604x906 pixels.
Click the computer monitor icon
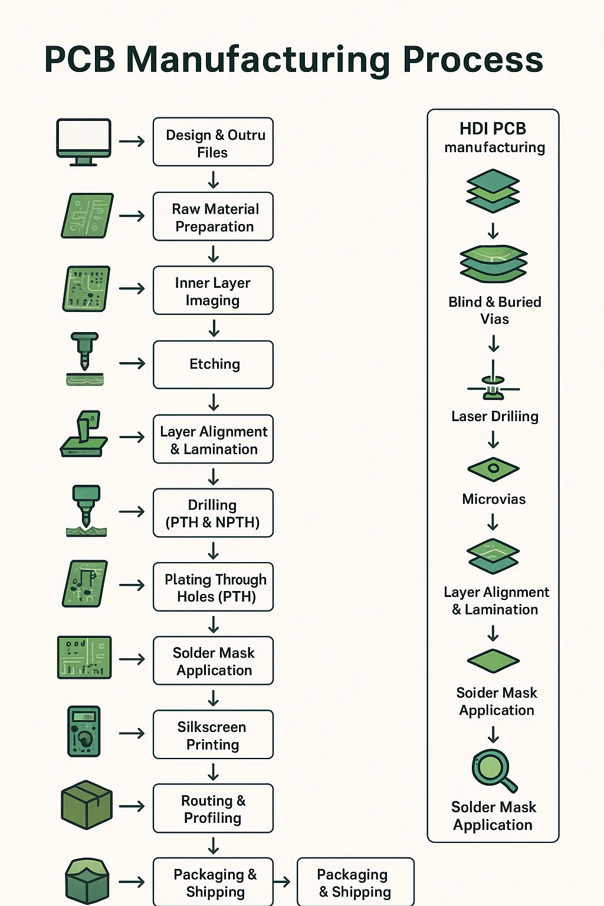83,141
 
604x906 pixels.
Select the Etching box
213,365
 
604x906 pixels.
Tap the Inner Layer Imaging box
213,291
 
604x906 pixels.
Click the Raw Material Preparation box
213,216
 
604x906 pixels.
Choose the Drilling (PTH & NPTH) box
213,513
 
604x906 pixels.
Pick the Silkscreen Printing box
213,735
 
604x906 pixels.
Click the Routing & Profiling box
213,809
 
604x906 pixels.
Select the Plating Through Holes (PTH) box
213,587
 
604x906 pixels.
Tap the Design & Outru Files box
213,142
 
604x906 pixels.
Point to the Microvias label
494,499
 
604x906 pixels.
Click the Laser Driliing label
494,416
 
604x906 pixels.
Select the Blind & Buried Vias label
494,310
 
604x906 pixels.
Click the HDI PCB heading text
493,129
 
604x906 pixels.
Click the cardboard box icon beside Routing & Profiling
87,805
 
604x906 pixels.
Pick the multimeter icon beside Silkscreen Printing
84,731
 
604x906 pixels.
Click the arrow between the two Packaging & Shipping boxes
283,882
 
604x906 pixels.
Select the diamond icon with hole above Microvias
493,469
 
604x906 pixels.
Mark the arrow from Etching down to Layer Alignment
214,402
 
